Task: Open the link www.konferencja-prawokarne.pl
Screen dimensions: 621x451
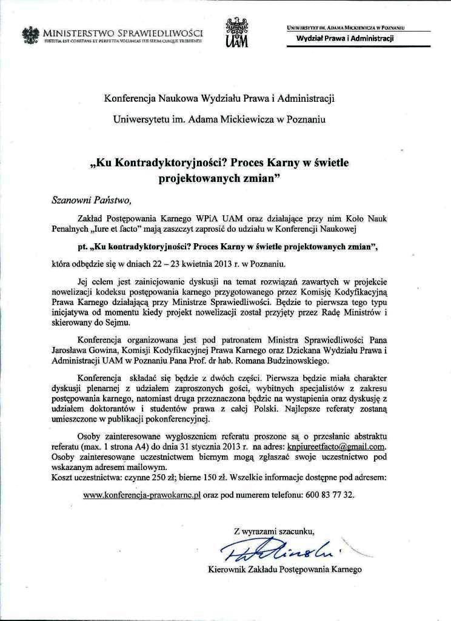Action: pos(142,495)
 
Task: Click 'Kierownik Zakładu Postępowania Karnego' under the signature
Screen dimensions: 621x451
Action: pos(284,569)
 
